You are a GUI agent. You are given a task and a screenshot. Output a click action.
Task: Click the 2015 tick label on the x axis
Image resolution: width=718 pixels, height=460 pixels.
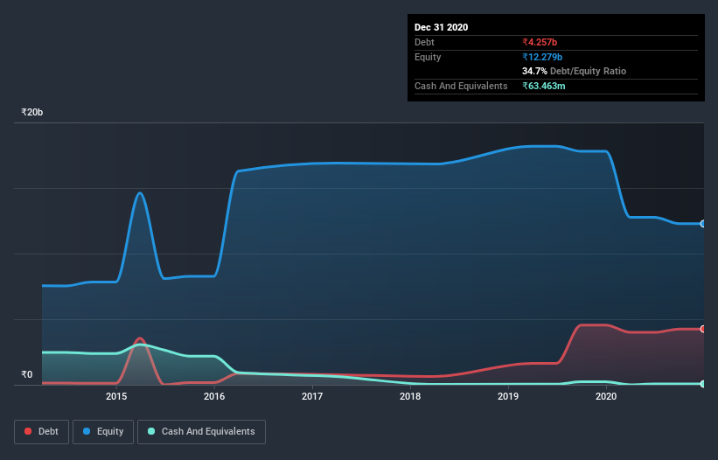click(x=116, y=397)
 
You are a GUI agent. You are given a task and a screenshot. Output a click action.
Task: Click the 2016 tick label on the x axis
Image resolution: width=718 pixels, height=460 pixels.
click(x=214, y=397)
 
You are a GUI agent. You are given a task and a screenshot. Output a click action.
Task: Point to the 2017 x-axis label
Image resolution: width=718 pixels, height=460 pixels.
click(x=312, y=397)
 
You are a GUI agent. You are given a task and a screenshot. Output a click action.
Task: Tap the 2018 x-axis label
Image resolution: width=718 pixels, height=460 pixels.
click(x=410, y=397)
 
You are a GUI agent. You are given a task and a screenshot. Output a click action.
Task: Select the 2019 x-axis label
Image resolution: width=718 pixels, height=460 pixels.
click(x=508, y=397)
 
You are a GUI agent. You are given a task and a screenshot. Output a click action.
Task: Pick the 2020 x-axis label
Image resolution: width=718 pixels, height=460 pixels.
click(x=606, y=397)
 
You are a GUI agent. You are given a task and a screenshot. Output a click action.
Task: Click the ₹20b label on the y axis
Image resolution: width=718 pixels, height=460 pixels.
click(x=32, y=113)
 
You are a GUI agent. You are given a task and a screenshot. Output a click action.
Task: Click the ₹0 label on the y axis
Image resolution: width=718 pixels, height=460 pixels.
click(x=27, y=375)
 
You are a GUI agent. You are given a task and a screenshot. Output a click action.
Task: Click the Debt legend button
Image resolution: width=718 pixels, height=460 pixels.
click(x=42, y=431)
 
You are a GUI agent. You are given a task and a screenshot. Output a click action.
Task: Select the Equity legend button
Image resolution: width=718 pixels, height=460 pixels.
click(x=103, y=431)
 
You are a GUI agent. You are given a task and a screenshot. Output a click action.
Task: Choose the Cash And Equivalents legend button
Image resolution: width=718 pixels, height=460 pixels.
click(x=201, y=431)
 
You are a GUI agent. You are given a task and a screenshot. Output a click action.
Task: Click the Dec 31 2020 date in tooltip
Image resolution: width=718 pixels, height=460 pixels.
click(x=441, y=27)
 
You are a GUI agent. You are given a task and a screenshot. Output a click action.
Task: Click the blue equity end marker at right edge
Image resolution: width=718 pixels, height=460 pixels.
click(x=702, y=224)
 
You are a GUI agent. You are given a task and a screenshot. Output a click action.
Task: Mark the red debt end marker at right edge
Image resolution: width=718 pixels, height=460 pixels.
click(x=702, y=329)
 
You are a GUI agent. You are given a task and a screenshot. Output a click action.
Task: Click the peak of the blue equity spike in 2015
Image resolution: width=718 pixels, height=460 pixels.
click(x=140, y=192)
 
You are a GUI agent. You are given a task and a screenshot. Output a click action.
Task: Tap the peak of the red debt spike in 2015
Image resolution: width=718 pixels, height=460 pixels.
click(x=140, y=338)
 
